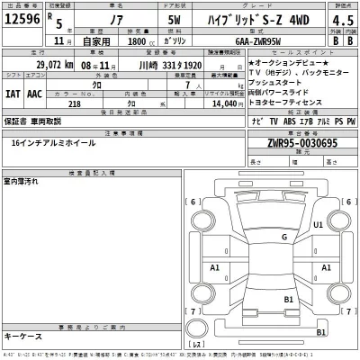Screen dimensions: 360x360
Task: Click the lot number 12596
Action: pos(22,20)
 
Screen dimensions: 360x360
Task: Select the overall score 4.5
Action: pos(341,20)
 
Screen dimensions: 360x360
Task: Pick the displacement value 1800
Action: pos(137,40)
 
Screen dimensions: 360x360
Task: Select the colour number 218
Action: pos(74,104)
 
